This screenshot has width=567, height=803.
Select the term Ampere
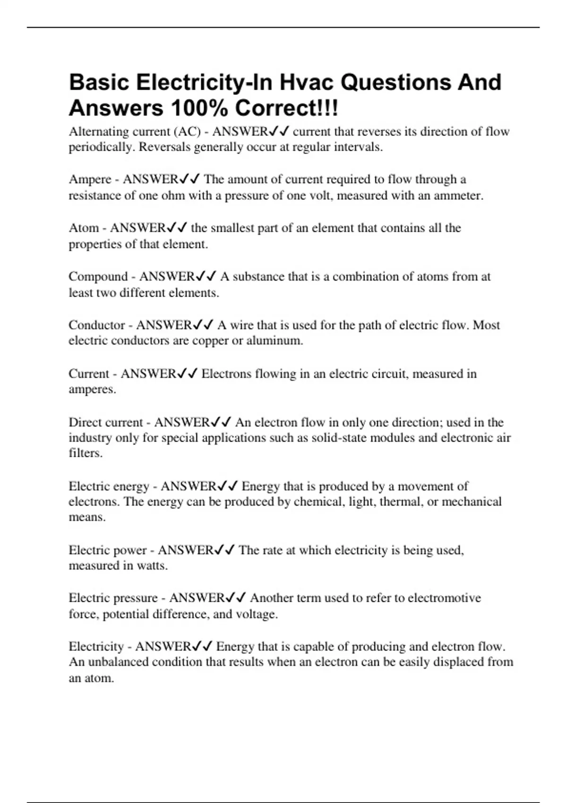coord(90,179)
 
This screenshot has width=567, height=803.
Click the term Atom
coord(84,228)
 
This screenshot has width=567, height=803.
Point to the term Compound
coord(98,276)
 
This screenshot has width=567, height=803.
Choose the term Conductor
coord(97,325)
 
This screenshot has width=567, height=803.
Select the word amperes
coord(92,390)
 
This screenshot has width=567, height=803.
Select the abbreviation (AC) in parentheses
coord(188,132)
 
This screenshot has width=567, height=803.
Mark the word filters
coord(86,453)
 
